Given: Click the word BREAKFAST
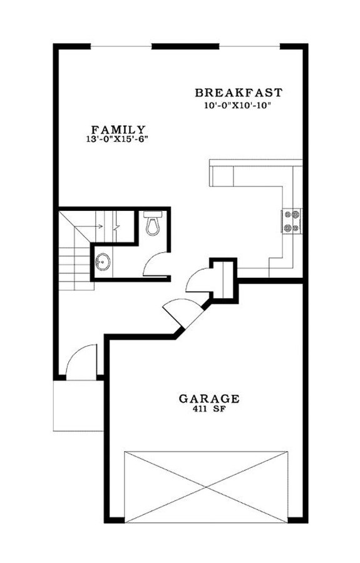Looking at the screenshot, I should pos(239,93).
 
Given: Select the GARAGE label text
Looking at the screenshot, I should pos(208,398).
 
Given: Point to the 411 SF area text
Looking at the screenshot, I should pos(208,410).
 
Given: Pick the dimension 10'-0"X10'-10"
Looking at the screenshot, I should pos(239,105).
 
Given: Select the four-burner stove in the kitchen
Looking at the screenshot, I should pos(291,220).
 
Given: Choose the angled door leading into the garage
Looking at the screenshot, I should pos(179,311).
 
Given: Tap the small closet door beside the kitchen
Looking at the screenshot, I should pos(200,281).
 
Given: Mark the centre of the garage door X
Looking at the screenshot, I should pos(207,485).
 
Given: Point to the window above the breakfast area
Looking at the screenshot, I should pos(249,46).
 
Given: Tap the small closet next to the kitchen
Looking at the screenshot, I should pos(222,279).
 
